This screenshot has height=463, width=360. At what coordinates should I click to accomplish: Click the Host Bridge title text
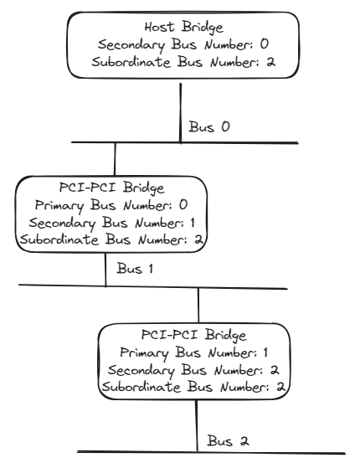click(x=180, y=25)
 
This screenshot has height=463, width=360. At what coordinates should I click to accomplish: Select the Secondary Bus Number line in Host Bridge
click(x=180, y=43)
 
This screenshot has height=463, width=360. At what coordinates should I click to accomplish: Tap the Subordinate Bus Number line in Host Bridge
click(x=180, y=60)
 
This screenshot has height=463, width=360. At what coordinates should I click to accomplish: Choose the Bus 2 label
click(x=229, y=440)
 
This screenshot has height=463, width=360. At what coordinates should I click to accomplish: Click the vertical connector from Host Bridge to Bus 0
click(x=180, y=109)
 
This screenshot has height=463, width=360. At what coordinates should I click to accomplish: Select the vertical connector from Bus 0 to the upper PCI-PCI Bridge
click(x=116, y=159)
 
